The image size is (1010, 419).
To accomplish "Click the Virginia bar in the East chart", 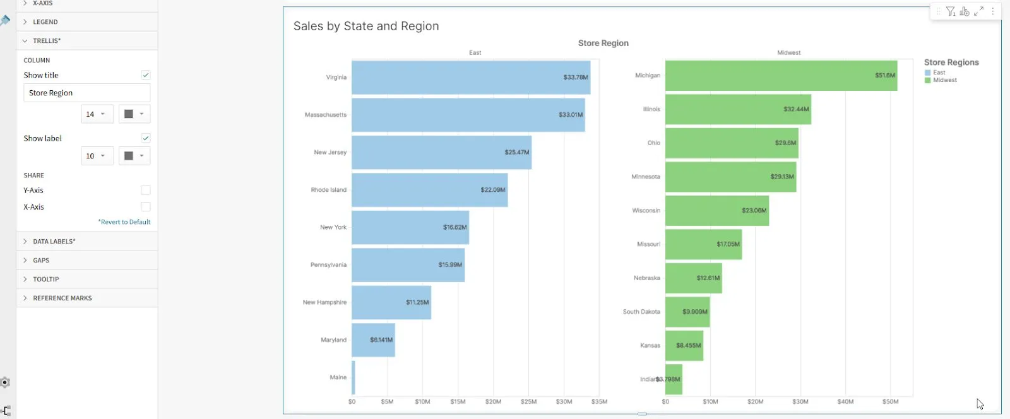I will click(x=470, y=78).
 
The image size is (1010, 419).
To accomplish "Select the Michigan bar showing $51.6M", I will click(x=780, y=76).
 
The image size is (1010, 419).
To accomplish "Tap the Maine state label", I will click(x=338, y=377).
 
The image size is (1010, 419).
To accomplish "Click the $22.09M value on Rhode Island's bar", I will click(x=492, y=190).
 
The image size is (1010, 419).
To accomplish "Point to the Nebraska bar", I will click(x=692, y=278).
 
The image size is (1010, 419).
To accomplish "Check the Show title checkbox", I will click(x=146, y=75).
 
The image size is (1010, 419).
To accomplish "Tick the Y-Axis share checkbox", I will click(x=146, y=191).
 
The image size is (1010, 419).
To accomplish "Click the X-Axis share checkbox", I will click(x=146, y=207).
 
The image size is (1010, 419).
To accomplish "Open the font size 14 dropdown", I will click(x=97, y=114).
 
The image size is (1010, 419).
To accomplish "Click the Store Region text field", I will click(x=86, y=93).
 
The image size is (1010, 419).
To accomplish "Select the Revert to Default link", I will click(x=124, y=222).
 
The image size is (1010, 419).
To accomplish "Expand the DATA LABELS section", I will click(x=54, y=242).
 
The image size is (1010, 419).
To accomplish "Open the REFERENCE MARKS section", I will click(x=62, y=298).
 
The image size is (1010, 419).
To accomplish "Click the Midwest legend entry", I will click(x=944, y=81).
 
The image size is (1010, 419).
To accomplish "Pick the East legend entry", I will click(x=939, y=73).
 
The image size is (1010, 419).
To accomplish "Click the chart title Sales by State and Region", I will click(x=366, y=26).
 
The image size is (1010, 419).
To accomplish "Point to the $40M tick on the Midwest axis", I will click(x=845, y=401).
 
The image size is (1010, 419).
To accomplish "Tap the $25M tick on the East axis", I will click(x=528, y=401).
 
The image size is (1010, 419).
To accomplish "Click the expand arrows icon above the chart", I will click(x=978, y=11).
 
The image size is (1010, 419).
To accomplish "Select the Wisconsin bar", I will click(x=716, y=211).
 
